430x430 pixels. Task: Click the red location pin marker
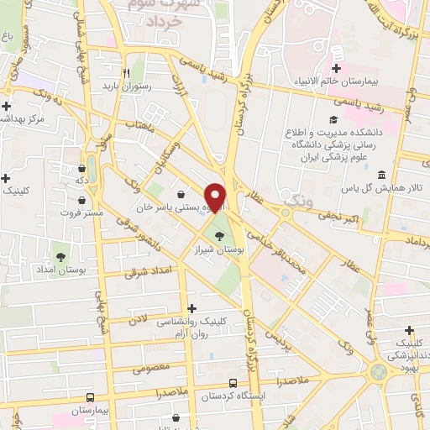point(216,197)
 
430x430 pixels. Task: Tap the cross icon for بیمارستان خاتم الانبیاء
point(337,68)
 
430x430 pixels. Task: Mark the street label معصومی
point(128,367)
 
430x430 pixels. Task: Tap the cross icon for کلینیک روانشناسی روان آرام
point(194,308)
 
